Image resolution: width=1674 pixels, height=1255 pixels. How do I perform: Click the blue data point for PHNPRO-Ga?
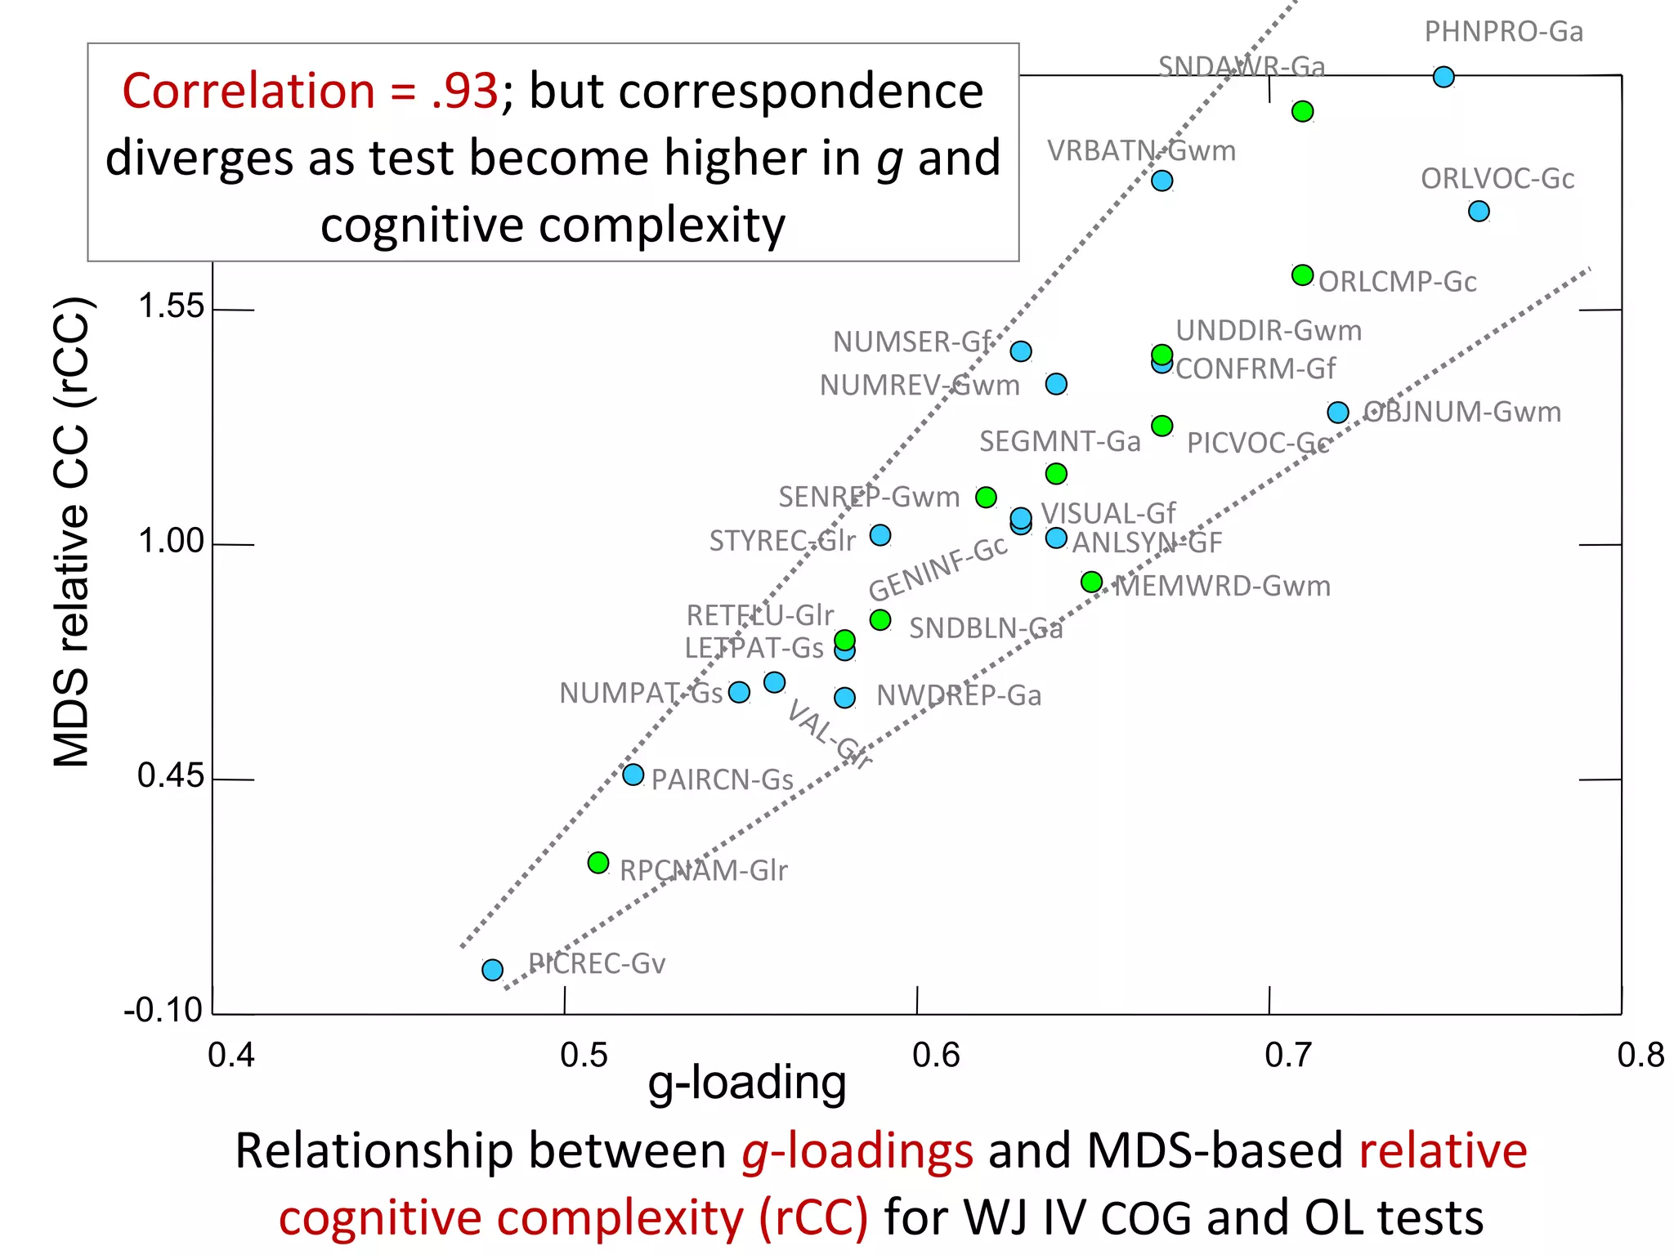click(1443, 77)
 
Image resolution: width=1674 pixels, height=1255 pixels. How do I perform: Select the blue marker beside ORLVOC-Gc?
click(1479, 211)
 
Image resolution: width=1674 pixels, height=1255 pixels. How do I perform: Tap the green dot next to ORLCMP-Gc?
click(1302, 275)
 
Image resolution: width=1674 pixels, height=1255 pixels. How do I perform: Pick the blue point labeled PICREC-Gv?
click(492, 970)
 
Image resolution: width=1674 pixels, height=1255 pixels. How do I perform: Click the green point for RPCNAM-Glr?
click(598, 863)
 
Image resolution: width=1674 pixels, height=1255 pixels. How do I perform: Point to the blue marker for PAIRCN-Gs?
click(633, 775)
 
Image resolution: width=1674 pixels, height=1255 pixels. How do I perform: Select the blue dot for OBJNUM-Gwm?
click(1338, 413)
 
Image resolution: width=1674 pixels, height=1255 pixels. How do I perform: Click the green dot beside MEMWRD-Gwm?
click(1091, 582)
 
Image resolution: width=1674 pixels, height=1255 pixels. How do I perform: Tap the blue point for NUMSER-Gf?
click(1021, 351)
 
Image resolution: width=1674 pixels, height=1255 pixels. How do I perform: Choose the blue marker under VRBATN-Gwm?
click(1162, 181)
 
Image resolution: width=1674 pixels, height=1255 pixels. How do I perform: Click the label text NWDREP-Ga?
click(959, 695)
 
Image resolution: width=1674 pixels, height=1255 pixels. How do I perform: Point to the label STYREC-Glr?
click(781, 540)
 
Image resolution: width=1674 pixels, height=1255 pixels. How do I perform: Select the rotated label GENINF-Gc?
click(938, 568)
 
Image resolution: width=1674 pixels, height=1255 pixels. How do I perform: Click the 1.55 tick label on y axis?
click(171, 306)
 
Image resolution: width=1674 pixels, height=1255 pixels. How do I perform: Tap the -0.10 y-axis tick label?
click(163, 1011)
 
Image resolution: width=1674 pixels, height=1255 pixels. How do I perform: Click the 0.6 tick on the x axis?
click(936, 1056)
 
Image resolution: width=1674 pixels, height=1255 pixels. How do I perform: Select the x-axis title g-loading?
click(746, 1083)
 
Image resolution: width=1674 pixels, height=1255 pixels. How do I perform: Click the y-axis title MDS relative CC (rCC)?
click(72, 531)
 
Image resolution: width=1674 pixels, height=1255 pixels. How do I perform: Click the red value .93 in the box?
click(464, 91)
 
